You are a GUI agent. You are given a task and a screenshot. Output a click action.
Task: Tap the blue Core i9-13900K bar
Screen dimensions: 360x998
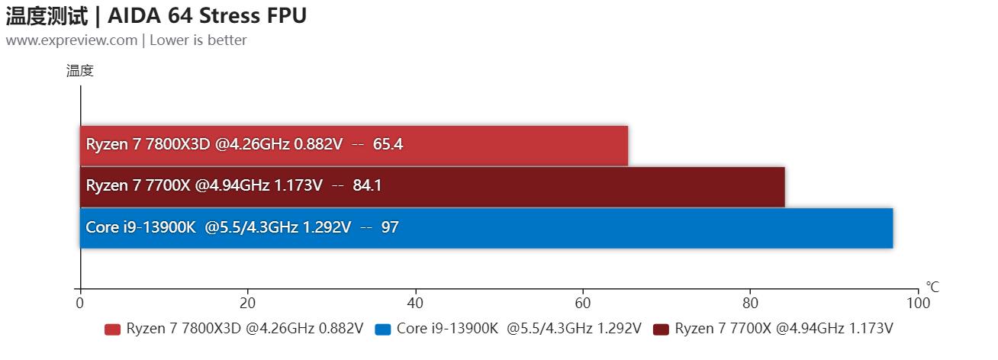coord(649,227)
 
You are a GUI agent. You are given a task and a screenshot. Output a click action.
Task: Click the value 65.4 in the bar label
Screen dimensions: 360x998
coord(388,144)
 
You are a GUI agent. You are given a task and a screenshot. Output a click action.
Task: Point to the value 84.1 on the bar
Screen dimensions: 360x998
coord(367,185)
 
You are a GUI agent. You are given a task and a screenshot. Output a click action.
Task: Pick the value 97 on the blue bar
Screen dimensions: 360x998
coord(390,227)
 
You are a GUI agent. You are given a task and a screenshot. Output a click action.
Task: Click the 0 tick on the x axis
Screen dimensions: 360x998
coord(80,303)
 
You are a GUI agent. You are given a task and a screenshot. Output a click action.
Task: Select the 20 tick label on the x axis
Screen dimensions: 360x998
coord(247,303)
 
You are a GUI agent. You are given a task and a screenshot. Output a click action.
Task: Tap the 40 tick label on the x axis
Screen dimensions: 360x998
coord(415,303)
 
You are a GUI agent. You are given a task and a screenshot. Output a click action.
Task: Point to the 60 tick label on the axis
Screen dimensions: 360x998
coord(583,303)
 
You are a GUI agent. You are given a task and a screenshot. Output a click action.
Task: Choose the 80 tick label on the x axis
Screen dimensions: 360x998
coord(750,303)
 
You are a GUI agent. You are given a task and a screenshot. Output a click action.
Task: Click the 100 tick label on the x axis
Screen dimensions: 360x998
coord(918,303)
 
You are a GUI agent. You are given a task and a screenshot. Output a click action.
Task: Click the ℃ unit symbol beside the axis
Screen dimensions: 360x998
coord(932,287)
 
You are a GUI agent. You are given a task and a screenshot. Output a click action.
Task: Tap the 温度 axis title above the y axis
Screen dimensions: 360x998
coord(79,71)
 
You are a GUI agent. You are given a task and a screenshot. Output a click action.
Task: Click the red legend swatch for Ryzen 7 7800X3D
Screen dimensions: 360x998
coord(112,329)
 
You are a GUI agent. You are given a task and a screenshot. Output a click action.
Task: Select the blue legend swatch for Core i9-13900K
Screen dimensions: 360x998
coord(383,329)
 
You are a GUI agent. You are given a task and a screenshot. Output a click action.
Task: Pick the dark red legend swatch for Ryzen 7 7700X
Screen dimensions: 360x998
coord(661,329)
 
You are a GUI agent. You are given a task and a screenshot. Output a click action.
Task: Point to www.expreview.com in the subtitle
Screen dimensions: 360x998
coord(71,40)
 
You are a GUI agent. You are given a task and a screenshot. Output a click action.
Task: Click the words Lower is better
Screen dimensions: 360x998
coord(198,40)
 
